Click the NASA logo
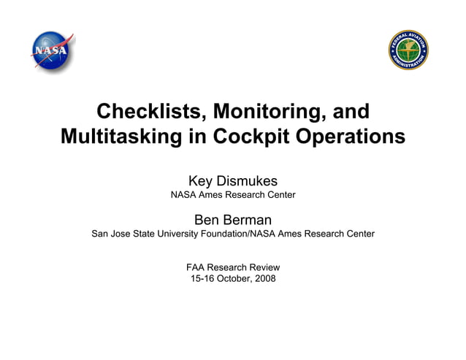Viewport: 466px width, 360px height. coord(53,51)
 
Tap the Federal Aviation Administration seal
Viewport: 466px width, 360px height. coord(408,52)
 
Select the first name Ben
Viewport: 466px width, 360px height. coord(207,220)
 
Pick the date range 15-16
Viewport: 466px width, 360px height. coord(203,279)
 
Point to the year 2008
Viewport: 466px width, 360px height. coord(266,279)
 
